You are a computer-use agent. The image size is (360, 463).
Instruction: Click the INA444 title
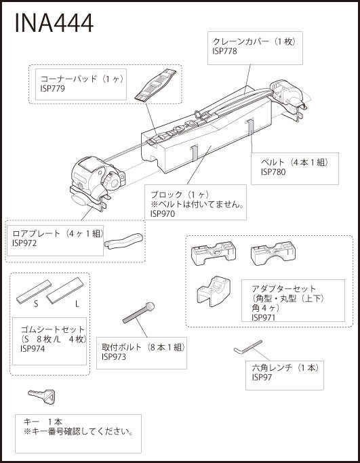pos(54,23)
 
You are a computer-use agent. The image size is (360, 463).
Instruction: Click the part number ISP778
pos(224,51)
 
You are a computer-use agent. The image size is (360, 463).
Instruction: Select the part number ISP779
pos(52,89)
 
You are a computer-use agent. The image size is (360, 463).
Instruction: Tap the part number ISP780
pos(273,172)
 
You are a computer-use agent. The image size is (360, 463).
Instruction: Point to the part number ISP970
pos(163,214)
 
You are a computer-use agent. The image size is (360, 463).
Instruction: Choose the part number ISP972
pos(24,243)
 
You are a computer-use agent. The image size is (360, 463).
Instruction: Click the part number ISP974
pos(33,348)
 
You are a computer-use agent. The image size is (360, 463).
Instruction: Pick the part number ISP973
pos(114,357)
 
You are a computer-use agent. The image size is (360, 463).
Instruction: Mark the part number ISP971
pos(264,317)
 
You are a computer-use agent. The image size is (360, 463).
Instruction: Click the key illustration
pos(42,397)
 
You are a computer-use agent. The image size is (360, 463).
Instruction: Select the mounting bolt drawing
pos(138,313)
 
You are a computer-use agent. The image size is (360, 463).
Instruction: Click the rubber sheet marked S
pos(34,291)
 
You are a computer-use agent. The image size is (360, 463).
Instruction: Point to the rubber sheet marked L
pos(65,291)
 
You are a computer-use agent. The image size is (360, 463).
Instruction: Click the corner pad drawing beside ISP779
pos(155,85)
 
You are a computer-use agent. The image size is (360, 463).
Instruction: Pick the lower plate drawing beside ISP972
pos(123,241)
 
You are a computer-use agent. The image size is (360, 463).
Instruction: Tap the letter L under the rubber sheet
pos(77,304)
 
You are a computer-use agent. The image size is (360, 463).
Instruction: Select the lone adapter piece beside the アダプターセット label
pos(214,291)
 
